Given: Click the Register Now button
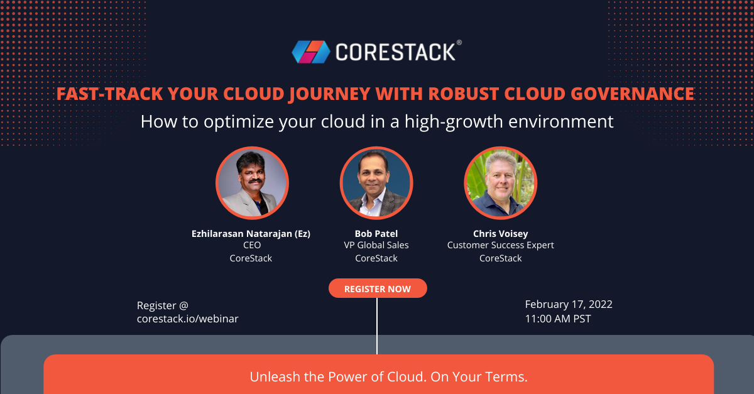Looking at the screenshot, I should point(377,288).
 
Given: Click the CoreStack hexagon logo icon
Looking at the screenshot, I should point(310,52).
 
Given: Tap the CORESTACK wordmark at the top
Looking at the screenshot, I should point(395,52).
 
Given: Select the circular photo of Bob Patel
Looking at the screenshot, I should point(376,183).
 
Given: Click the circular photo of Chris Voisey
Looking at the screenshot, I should point(500,183).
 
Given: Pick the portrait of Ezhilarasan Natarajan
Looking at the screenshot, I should point(251,183).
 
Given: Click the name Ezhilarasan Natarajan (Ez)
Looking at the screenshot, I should point(251,234).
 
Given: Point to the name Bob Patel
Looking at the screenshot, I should point(376,234).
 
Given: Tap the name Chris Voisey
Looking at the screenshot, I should point(500,234).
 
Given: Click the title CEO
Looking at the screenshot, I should point(251,246).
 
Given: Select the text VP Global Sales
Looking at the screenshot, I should point(376,246).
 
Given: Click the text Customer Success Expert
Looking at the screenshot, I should point(500,246).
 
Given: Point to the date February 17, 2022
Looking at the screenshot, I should point(569,304).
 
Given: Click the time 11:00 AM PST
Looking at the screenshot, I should point(558,319).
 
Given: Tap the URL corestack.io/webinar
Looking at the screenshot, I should point(187,319).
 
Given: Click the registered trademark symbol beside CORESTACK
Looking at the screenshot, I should point(459,43).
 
